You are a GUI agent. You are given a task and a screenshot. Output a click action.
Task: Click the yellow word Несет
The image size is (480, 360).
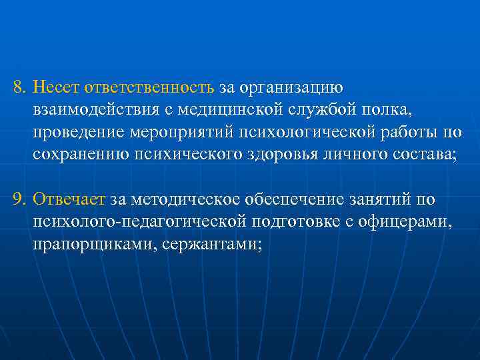coord(54,87)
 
